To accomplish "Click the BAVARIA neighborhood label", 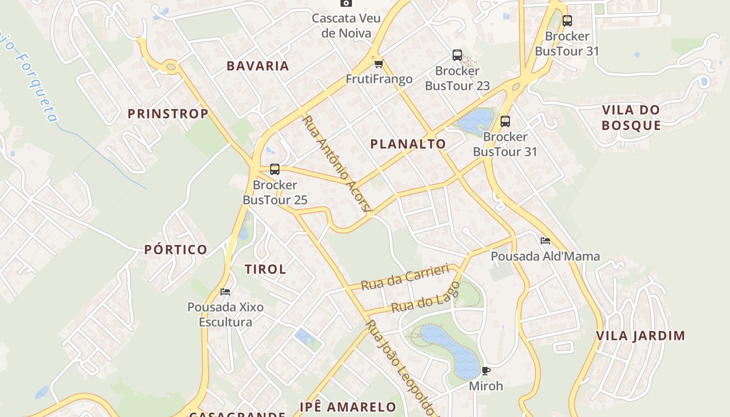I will pyautogui.click(x=258, y=66).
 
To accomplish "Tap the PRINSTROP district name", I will pyautogui.click(x=168, y=114).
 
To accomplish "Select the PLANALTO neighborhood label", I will pyautogui.click(x=408, y=144).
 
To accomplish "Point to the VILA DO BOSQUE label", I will pyautogui.click(x=631, y=117).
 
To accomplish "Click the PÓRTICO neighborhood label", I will pyautogui.click(x=176, y=250).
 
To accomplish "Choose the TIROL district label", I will pyautogui.click(x=265, y=269).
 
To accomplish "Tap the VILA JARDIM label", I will pyautogui.click(x=640, y=336).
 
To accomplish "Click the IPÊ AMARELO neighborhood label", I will pyautogui.click(x=348, y=407).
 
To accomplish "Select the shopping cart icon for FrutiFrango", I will pyautogui.click(x=379, y=64).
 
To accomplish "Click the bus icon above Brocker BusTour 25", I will pyautogui.click(x=275, y=169).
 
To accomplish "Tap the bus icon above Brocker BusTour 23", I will pyautogui.click(x=457, y=55).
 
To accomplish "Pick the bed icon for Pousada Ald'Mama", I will pyautogui.click(x=545, y=241).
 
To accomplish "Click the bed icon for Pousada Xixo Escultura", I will pyautogui.click(x=225, y=291).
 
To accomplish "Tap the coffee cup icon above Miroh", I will pyautogui.click(x=485, y=371).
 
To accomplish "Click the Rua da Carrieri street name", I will pyautogui.click(x=405, y=277).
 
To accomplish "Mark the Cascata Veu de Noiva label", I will pyautogui.click(x=342, y=26).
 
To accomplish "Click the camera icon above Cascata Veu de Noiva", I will pyautogui.click(x=346, y=3).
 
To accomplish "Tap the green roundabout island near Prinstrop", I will pyautogui.click(x=171, y=66).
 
